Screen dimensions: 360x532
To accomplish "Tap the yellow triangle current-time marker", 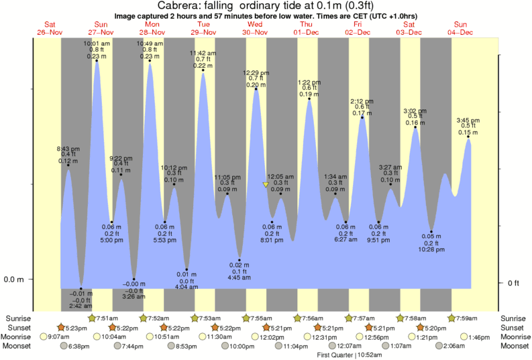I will point(266,184).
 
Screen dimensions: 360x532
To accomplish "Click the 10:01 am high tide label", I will point(97,44).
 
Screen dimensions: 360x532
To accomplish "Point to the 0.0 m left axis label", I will point(15,279).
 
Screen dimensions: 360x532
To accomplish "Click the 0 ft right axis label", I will point(514,283).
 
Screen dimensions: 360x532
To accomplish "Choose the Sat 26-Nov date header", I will point(46,27).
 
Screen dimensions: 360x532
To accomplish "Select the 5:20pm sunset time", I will point(435,327).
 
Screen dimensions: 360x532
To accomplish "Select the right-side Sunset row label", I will point(515,327).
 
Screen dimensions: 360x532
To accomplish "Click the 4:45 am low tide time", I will point(240,277).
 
